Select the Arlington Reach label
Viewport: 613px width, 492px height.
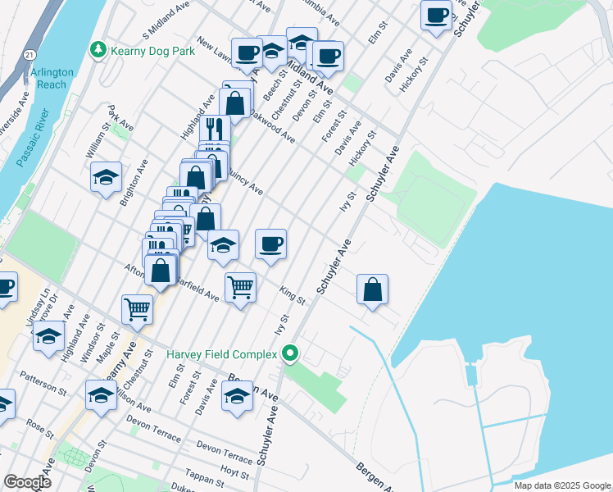(x=52, y=78)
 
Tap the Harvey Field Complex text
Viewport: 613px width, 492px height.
(x=222, y=354)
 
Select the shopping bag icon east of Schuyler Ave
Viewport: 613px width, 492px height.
(x=373, y=289)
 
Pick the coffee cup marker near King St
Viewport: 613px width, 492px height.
(x=270, y=244)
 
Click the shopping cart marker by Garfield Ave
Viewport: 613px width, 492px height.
(x=240, y=286)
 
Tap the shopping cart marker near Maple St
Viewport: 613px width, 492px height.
(x=137, y=309)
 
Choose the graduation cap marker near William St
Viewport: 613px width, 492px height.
(x=106, y=178)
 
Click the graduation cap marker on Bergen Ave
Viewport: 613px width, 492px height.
(x=237, y=397)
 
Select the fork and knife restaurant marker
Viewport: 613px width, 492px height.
(x=215, y=128)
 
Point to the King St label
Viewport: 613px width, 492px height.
(x=292, y=296)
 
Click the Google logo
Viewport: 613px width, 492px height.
(x=27, y=482)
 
